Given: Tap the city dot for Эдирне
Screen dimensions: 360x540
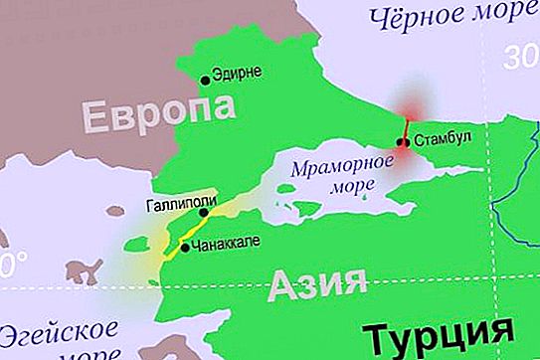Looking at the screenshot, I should [x=206, y=80].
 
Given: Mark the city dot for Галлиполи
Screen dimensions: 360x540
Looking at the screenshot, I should [x=203, y=212].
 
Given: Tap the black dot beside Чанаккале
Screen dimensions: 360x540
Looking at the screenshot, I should [x=185, y=248].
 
